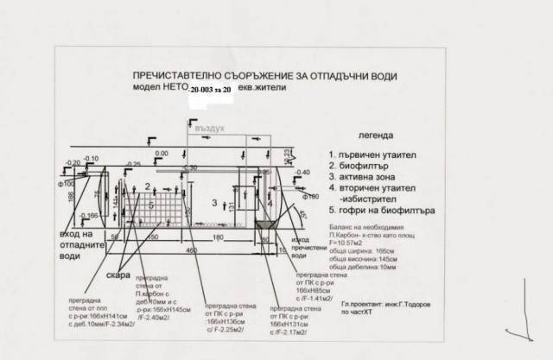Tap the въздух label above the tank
coord(213,128)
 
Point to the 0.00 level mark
coord(161,154)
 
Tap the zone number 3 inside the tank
coord(213,201)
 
